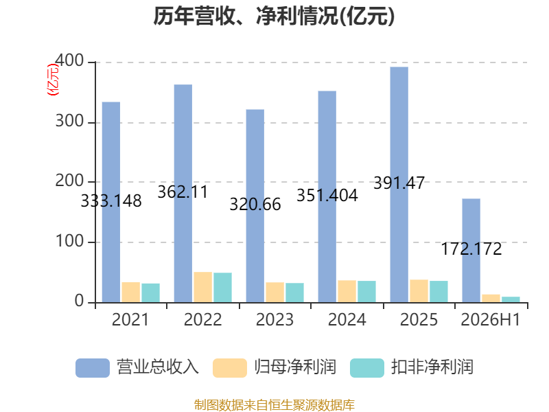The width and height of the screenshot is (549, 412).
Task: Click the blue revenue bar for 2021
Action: [111, 202]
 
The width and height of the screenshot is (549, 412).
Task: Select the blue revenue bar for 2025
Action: [399, 185]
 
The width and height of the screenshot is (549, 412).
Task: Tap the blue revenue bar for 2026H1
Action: [471, 251]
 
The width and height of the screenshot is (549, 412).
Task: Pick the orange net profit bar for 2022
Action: [202, 287]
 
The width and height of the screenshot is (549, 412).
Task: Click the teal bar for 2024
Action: [366, 291]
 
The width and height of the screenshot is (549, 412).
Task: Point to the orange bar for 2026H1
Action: [491, 299]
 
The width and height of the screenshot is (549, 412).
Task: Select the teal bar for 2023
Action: [294, 293]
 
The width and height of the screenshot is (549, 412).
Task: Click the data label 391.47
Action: [399, 183]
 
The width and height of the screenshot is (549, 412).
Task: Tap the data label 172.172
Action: [471, 249]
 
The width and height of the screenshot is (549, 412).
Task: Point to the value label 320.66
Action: [255, 204]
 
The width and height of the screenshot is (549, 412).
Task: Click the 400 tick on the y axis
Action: [69, 61]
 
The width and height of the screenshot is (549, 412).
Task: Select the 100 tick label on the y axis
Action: [69, 242]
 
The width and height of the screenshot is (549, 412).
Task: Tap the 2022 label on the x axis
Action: [202, 319]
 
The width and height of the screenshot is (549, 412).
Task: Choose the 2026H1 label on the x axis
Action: [491, 319]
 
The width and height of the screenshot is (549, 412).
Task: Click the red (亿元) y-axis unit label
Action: [53, 80]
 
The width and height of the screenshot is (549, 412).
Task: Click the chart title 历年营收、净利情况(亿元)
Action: [274, 16]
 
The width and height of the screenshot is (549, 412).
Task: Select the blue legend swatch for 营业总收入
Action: [93, 368]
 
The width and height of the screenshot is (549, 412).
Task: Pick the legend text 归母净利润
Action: [295, 367]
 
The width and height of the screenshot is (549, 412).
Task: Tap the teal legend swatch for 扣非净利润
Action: [367, 368]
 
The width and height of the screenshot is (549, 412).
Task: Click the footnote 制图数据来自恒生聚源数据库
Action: [274, 404]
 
